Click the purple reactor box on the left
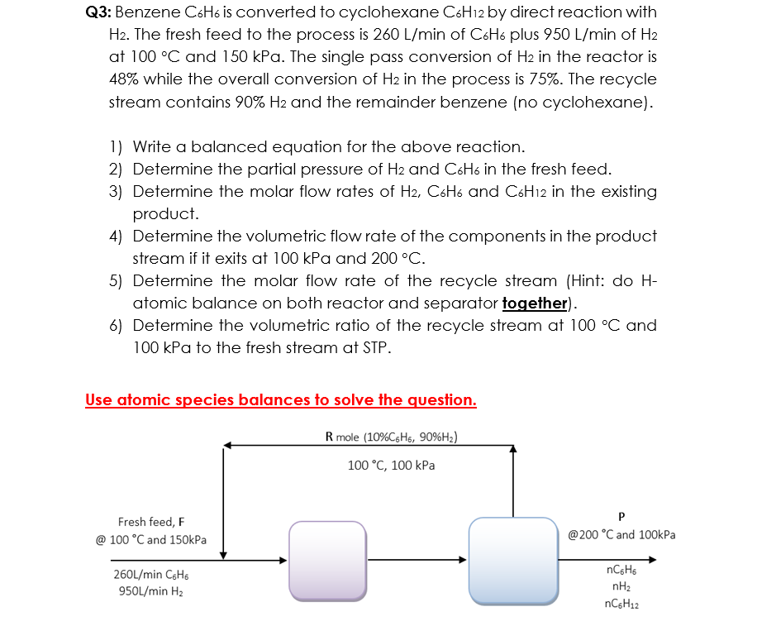(326, 559)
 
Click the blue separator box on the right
(512, 558)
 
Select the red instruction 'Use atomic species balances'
(281, 400)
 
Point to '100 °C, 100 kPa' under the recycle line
(392, 466)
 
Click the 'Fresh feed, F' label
(151, 522)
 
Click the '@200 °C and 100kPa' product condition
(621, 535)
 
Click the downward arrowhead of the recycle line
(222, 555)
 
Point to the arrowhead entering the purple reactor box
(283, 560)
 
